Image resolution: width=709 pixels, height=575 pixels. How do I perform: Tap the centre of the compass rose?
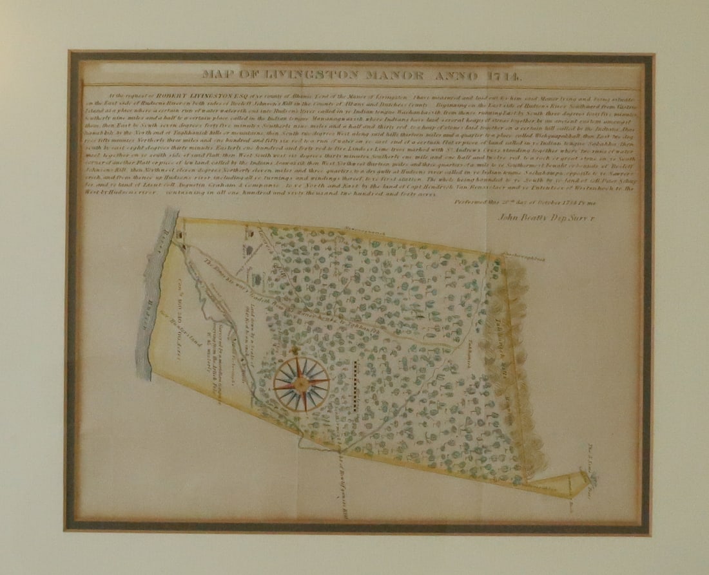[x=301, y=384]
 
